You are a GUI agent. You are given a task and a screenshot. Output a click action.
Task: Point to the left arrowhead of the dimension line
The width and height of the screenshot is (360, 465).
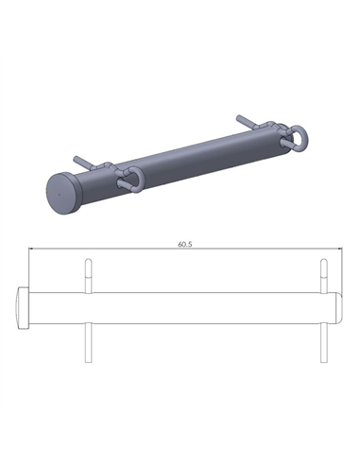(31, 250)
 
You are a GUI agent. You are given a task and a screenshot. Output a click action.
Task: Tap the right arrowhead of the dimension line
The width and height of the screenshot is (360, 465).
(336, 250)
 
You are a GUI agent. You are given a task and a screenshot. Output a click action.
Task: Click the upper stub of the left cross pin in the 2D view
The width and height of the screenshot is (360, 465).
(88, 275)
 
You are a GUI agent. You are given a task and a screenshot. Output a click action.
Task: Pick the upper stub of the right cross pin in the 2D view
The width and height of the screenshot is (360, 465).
(323, 275)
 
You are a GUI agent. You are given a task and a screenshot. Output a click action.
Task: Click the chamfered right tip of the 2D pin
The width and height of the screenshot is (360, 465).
(337, 309)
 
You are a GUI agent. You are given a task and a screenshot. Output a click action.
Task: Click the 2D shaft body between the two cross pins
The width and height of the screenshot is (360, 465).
(203, 309)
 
